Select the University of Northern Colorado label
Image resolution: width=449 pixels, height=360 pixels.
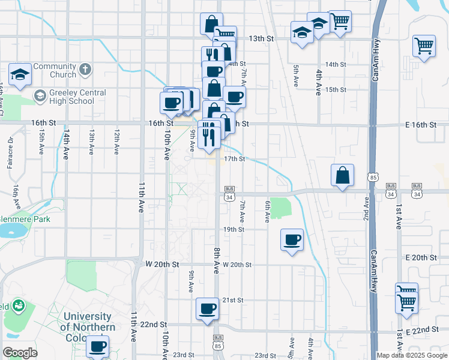(88, 326)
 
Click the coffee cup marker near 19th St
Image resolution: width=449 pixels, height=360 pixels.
(292, 241)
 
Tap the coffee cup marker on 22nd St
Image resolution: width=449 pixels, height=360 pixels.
(208, 309)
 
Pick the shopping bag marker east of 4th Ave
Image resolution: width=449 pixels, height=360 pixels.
(342, 176)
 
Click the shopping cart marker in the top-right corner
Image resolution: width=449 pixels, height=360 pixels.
(424, 46)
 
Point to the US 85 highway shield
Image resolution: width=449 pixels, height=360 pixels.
(374, 178)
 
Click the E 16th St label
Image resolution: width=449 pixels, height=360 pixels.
(420, 124)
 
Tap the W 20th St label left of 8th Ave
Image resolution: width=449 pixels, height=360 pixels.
(162, 264)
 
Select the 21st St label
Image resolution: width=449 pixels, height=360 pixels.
(232, 300)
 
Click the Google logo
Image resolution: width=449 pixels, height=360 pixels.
(20, 353)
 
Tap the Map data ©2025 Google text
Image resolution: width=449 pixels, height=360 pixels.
(411, 355)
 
